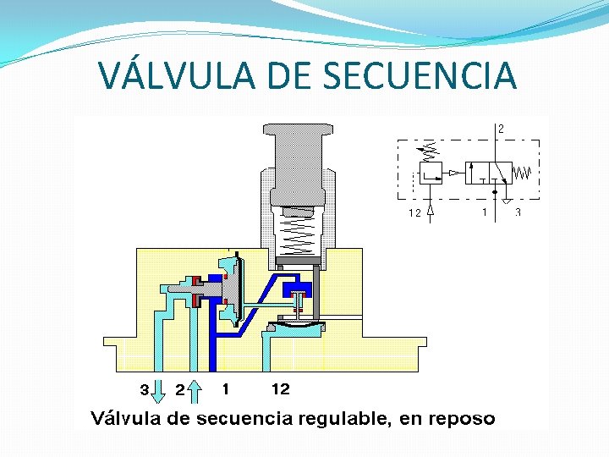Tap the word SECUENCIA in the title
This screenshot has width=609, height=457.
tap(420, 75)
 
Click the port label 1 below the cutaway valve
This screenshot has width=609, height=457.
tap(226, 389)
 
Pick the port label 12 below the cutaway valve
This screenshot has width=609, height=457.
tap(280, 389)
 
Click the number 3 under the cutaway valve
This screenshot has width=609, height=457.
tap(145, 390)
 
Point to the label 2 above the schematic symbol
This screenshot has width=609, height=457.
tap(501, 129)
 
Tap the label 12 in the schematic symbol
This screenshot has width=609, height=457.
tap(414, 213)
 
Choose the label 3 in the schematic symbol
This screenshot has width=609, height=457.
tap(518, 212)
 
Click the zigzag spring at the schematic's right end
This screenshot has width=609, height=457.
tap(523, 173)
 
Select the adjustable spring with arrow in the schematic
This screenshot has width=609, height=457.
tap(428, 152)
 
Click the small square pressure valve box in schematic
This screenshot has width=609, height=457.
tap(429, 173)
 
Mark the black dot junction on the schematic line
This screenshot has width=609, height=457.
tap(495, 192)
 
